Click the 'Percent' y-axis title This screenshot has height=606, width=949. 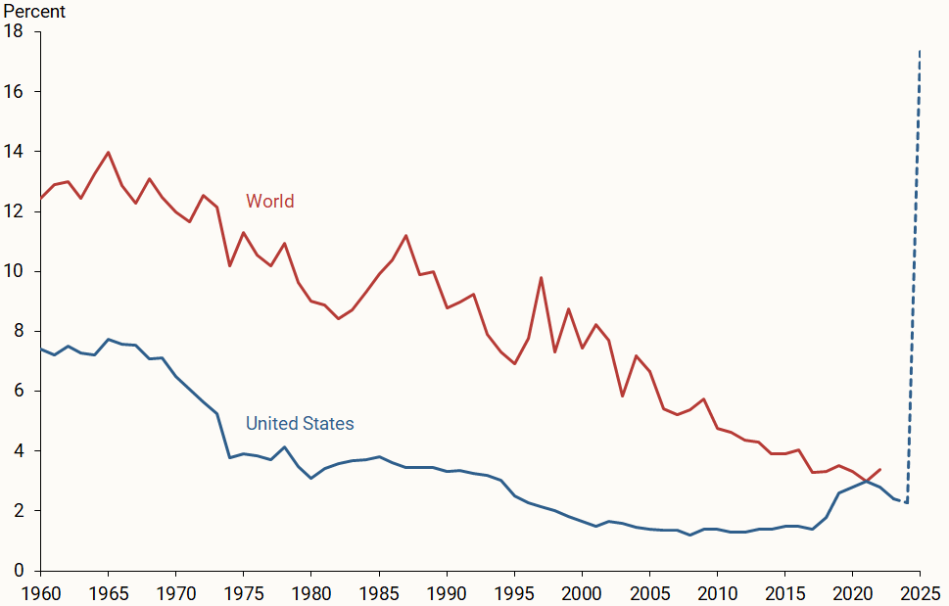33,12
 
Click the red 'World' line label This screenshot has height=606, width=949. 269,202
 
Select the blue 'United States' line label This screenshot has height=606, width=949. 300,424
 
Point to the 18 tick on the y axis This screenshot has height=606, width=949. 14,31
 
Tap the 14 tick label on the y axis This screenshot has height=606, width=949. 14,152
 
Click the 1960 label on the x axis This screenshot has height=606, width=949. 40,592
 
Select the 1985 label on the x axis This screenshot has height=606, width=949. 378,592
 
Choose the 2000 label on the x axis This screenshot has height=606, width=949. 582,592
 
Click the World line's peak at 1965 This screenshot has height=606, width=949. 108,152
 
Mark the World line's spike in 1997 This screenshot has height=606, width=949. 541,277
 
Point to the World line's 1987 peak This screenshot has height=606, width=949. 405,235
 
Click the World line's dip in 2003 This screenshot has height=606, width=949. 622,396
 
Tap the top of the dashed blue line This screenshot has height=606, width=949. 920,49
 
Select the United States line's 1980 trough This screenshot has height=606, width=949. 310,478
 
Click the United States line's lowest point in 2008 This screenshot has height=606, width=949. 689,535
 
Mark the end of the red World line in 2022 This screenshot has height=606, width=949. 879,470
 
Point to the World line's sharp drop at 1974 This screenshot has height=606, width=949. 229,266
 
